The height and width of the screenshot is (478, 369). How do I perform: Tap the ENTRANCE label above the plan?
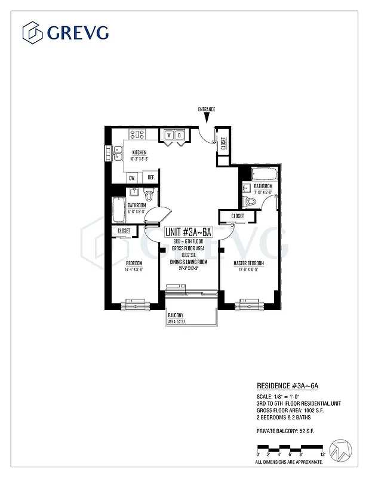(x=207, y=109)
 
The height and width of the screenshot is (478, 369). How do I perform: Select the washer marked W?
(x=169, y=136)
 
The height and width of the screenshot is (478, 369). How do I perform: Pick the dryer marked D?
(x=179, y=136)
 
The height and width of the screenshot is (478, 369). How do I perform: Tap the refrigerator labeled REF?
(x=150, y=177)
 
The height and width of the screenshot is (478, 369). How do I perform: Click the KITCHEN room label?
(x=139, y=152)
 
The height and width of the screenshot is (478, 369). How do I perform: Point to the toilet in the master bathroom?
(x=253, y=202)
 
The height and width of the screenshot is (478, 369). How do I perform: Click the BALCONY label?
(x=175, y=315)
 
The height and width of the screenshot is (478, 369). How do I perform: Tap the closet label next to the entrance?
(x=223, y=143)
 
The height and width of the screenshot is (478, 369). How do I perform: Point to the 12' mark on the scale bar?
(x=322, y=455)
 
